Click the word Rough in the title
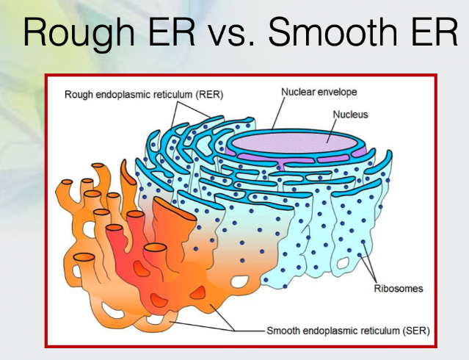coord(79,32)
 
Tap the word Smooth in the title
coord(333,32)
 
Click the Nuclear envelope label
coord(319,92)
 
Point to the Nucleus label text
coord(350,115)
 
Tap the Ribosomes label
coord(399,289)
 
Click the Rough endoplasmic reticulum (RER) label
coord(144,95)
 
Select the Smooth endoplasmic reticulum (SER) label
coord(348,331)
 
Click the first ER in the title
coord(172,32)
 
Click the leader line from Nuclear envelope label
coord(279,113)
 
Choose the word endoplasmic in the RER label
coord(122,95)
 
